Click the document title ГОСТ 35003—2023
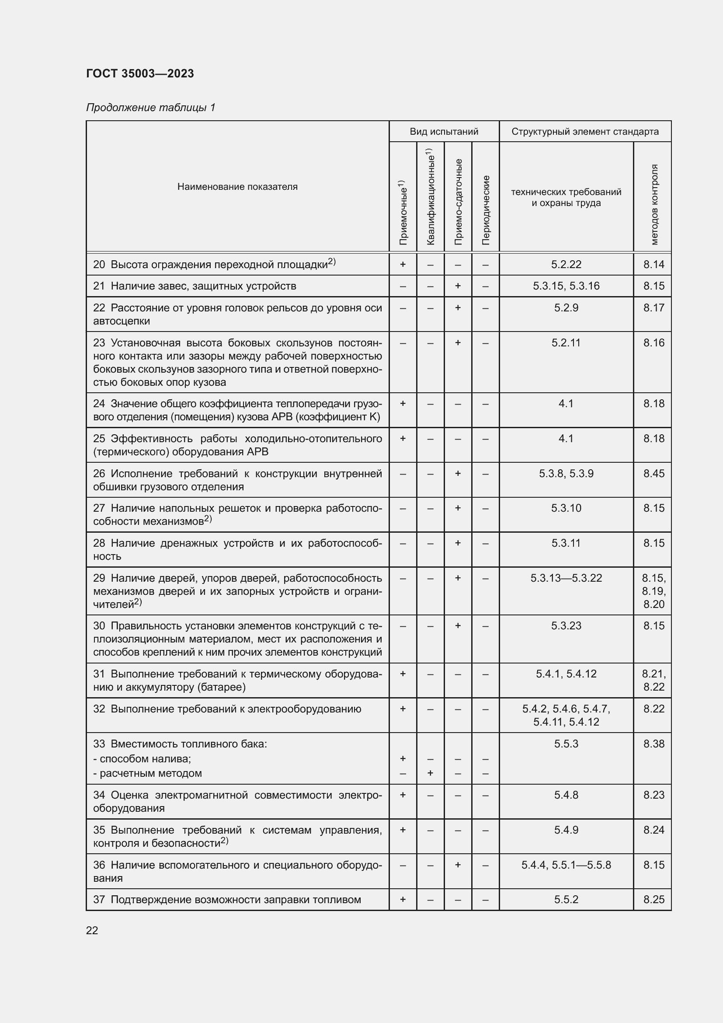[140, 73]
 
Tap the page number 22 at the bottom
[92, 930]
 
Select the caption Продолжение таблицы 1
[150, 108]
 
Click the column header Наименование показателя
[237, 187]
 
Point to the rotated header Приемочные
[403, 213]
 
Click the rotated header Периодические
[485, 210]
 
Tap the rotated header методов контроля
[653, 205]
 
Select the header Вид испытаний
[444, 132]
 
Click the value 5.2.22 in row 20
[566, 264]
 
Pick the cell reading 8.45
[653, 473]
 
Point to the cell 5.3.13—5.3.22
[566, 578]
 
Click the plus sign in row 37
[403, 899]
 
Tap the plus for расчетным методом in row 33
[430, 773]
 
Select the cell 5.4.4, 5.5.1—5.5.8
[566, 865]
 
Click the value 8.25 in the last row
[653, 899]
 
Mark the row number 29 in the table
[99, 578]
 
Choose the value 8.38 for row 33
[653, 744]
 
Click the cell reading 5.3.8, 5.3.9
[566, 473]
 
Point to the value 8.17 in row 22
[653, 307]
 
